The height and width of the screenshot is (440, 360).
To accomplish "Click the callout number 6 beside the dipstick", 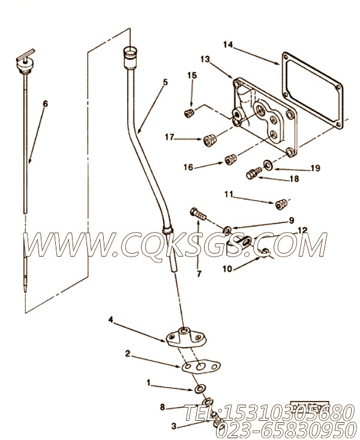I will [x=44, y=104].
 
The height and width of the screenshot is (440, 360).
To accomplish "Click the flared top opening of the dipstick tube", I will [x=130, y=53].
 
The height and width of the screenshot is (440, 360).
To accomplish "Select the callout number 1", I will [x=148, y=381].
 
